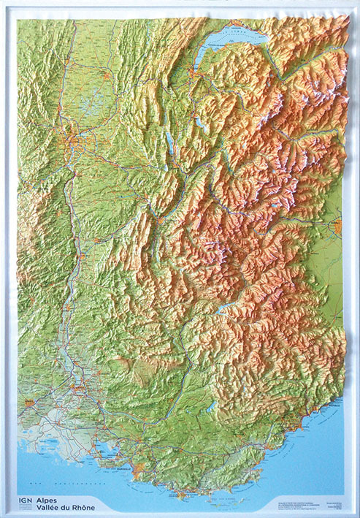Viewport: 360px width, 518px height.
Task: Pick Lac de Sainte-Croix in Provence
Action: pos(211,405)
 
